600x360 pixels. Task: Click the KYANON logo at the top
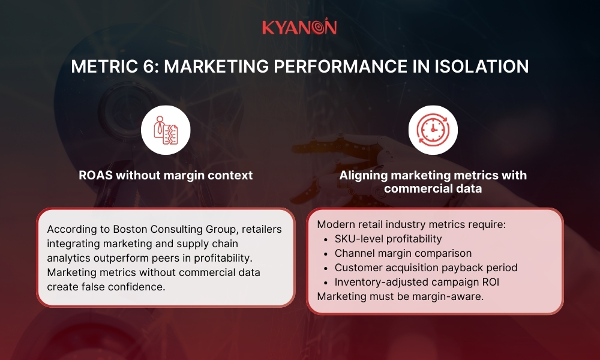(x=299, y=28)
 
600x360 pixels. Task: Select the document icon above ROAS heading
(x=166, y=130)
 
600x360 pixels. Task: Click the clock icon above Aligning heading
(x=433, y=130)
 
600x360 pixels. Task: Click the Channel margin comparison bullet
(x=403, y=253)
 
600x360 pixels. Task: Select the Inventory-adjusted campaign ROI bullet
(x=418, y=282)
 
